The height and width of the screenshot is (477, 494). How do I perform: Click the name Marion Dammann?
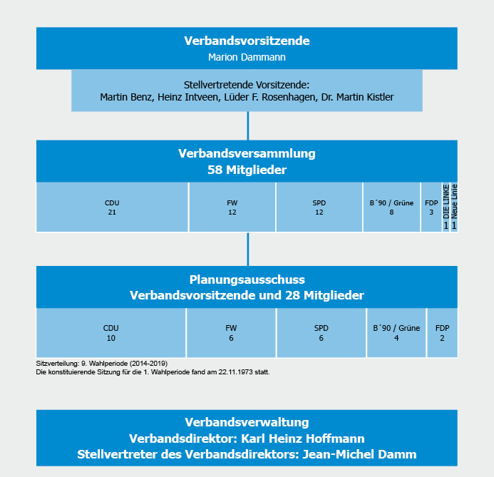click(247, 56)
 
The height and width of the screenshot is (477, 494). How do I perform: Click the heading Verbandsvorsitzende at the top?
click(247, 40)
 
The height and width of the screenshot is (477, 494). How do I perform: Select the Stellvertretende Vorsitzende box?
click(247, 90)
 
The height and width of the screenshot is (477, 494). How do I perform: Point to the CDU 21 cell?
click(112, 207)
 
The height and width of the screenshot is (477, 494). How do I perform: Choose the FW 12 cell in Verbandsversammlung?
click(232, 207)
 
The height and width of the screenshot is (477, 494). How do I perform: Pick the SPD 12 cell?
click(319, 207)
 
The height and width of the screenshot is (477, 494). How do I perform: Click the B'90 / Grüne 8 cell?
click(391, 207)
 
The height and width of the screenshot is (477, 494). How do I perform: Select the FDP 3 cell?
click(431, 207)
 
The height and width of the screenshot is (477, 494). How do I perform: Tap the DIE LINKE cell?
click(446, 207)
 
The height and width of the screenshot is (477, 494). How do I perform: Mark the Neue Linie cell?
click(454, 207)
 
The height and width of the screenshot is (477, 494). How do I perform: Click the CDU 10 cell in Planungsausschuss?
click(110, 333)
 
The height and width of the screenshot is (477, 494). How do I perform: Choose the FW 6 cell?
click(230, 333)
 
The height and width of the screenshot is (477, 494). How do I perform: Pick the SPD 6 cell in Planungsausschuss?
click(321, 333)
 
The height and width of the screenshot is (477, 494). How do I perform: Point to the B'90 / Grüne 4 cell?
click(396, 333)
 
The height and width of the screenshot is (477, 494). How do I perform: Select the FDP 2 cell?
click(442, 333)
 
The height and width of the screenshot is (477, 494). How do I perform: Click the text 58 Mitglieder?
click(247, 170)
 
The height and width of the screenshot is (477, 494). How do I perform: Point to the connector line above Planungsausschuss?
click(248, 249)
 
